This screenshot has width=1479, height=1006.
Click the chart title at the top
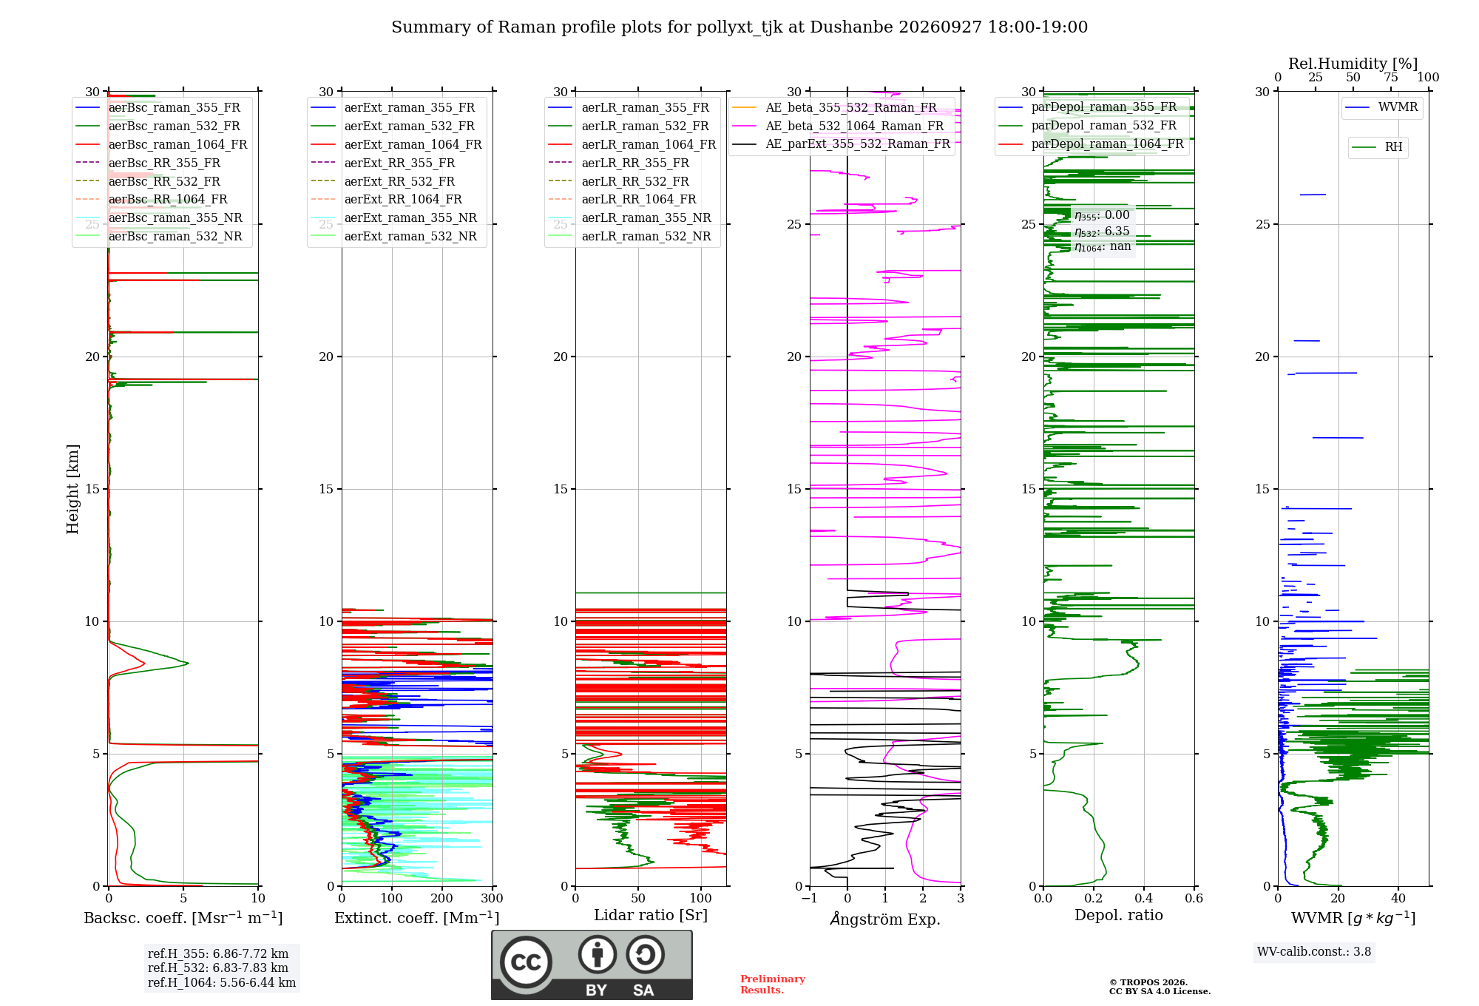[x=739, y=27]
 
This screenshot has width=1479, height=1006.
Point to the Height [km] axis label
[x=72, y=489]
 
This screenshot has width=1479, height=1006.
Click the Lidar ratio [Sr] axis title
[x=651, y=915]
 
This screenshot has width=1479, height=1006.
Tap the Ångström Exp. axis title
[x=885, y=918]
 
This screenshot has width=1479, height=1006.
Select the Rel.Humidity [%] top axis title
[x=1353, y=64]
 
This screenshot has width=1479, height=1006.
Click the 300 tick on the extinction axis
[x=493, y=898]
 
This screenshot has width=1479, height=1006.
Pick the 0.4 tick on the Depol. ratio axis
[x=1144, y=898]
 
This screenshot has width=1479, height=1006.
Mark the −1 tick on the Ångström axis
[x=810, y=898]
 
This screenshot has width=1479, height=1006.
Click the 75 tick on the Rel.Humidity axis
[x=1391, y=77]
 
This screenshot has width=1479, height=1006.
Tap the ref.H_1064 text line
[x=222, y=982]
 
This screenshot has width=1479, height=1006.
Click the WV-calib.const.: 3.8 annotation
[x=1314, y=951]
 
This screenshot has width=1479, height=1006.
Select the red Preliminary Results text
[x=773, y=985]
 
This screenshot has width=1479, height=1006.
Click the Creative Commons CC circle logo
[x=526, y=962]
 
